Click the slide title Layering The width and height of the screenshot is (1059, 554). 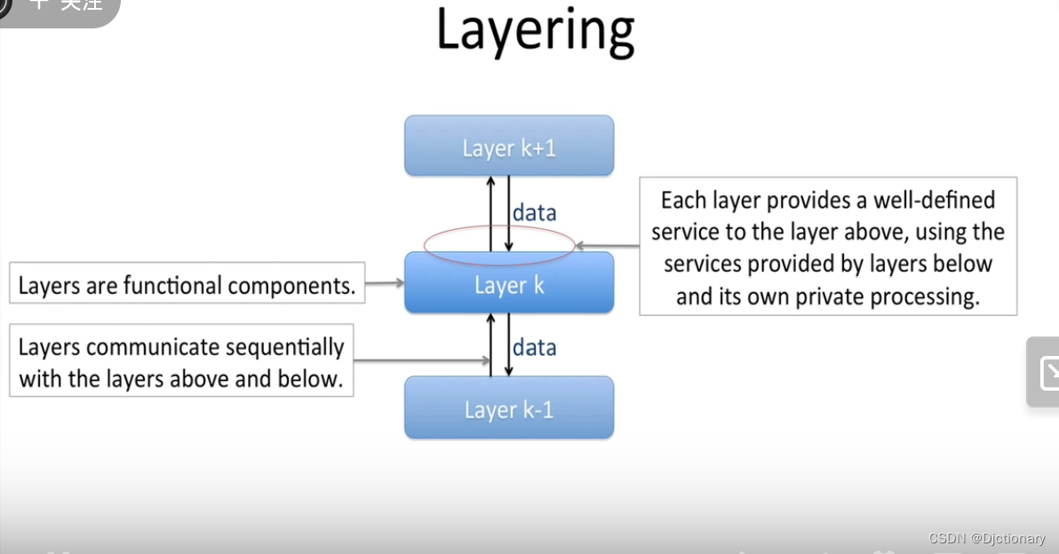click(x=535, y=31)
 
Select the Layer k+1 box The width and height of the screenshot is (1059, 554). click(x=509, y=146)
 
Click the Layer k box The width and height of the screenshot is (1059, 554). click(x=509, y=284)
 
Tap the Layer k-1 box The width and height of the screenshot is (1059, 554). click(x=509, y=408)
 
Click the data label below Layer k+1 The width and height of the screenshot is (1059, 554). click(x=534, y=213)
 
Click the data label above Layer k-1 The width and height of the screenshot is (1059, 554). click(x=534, y=347)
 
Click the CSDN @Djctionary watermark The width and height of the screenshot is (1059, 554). click(x=986, y=539)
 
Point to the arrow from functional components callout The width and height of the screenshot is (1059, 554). click(x=384, y=283)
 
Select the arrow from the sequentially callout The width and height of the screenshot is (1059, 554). click(x=422, y=360)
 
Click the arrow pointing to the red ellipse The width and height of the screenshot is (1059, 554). click(x=607, y=245)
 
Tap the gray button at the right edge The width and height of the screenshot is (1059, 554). click(x=1045, y=373)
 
